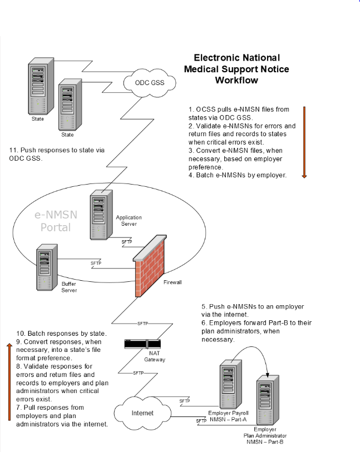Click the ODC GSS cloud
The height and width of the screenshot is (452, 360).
point(150,83)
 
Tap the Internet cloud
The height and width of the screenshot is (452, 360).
point(142,413)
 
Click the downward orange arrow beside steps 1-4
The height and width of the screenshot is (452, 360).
point(304,142)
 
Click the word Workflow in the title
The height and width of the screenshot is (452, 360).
point(236,80)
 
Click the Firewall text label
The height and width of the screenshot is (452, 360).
point(173,282)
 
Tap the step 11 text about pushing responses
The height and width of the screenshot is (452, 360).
point(57,154)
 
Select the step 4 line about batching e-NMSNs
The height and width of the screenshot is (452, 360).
point(238,175)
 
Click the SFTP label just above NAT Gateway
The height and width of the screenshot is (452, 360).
point(143,323)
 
